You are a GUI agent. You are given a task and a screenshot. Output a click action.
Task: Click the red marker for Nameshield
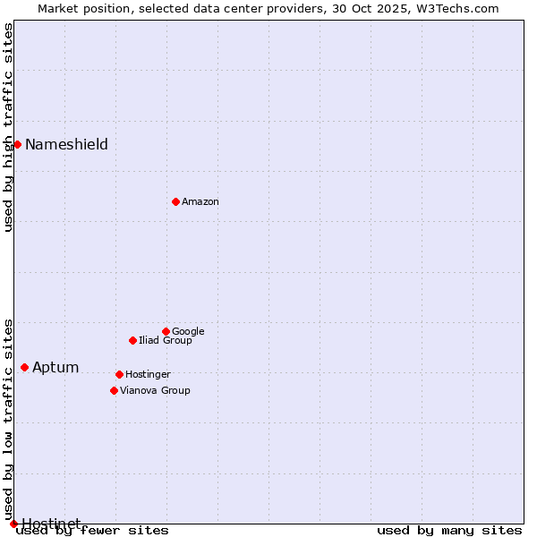pos(17,144)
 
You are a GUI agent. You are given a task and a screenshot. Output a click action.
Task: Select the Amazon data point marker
pos(175,201)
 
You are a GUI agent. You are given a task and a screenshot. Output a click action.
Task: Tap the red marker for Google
pos(166,331)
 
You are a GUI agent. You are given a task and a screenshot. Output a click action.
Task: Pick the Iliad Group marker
pos(132,340)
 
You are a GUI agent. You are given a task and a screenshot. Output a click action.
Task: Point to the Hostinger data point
pos(119,374)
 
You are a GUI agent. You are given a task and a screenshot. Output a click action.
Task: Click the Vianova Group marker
pos(114,390)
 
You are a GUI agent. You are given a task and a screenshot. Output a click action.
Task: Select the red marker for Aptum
pos(24,367)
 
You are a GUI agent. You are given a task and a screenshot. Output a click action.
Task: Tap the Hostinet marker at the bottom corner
pos(13,524)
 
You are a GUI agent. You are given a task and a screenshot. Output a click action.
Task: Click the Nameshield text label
pos(66,145)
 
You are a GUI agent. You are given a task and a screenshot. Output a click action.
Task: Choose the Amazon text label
pos(200,202)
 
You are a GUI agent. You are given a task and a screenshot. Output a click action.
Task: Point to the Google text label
pos(188,332)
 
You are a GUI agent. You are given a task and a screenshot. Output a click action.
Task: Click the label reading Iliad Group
pos(166,341)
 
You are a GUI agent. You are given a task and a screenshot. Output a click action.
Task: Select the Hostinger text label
pos(148,375)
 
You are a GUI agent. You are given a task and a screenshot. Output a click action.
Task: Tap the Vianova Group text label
pos(155,391)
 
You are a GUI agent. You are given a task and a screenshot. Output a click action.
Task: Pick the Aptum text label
pos(55,368)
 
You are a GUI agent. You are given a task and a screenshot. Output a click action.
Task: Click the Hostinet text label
pos(51,524)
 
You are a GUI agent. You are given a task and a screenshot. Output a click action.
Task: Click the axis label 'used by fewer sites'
pos(92,531)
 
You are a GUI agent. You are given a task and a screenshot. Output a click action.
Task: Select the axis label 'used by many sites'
pos(449,531)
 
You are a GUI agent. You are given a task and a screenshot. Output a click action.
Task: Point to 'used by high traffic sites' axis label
pos(9,127)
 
